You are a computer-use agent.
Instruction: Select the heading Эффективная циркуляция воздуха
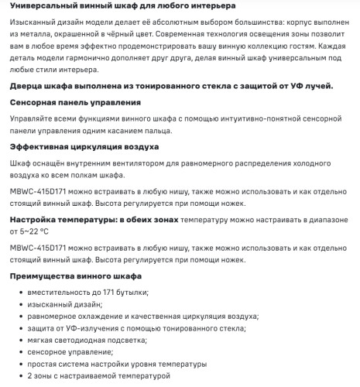pyautogui.click(x=84, y=146)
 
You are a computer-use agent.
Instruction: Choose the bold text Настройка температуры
pyautogui.click(x=62, y=220)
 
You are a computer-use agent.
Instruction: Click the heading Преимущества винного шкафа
pyautogui.click(x=75, y=276)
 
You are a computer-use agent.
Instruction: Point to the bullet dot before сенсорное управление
pyautogui.click(x=16, y=352)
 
